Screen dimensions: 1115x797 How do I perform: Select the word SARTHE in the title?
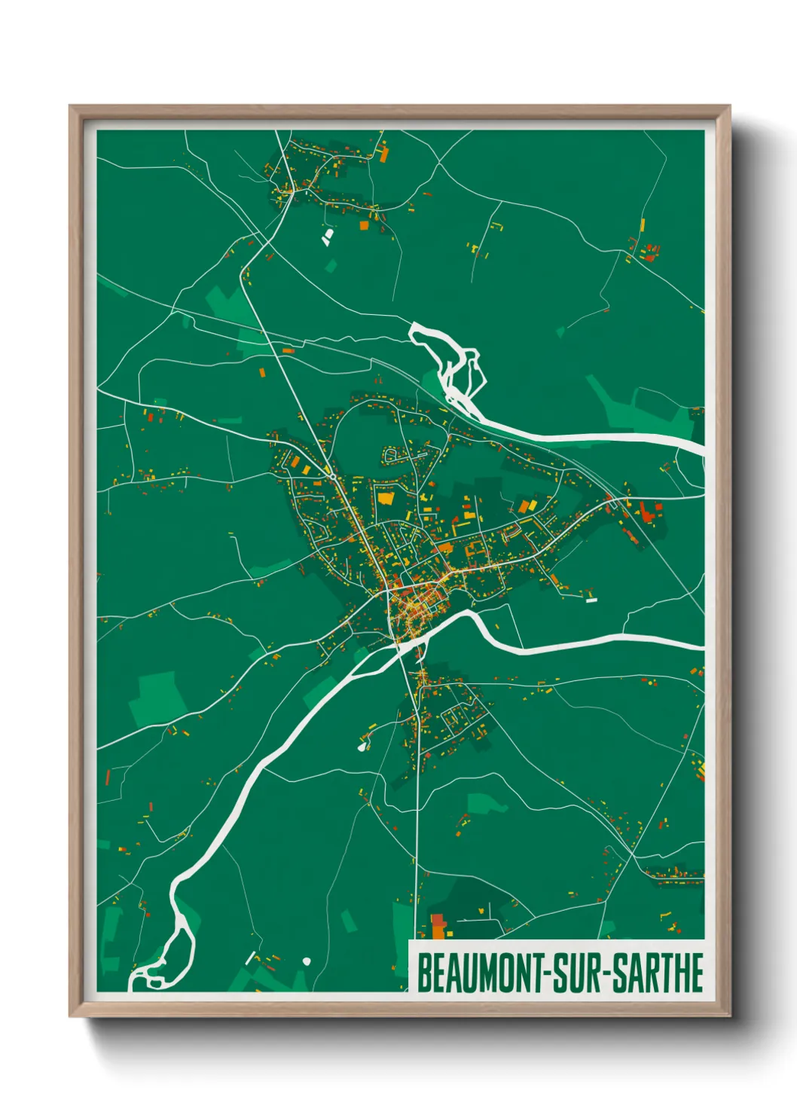click(x=657, y=973)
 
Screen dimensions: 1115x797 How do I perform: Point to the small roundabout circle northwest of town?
click(x=333, y=476)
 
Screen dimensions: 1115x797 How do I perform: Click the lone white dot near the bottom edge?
click(x=307, y=961)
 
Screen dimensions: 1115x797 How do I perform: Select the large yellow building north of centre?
click(x=386, y=498)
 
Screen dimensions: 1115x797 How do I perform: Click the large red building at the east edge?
click(x=649, y=515)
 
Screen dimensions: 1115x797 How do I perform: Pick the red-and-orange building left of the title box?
click(x=438, y=926)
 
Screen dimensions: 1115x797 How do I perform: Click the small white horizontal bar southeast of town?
click(x=591, y=600)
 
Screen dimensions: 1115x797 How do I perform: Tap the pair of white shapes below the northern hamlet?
click(x=327, y=237)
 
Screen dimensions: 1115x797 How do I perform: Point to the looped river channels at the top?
click(x=452, y=362)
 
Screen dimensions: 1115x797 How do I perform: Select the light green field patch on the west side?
click(x=158, y=697)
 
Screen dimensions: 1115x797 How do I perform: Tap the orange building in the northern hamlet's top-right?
click(x=383, y=155)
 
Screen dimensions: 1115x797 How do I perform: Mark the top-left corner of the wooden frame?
click(x=70, y=106)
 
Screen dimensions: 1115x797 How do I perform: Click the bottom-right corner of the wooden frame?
click(x=729, y=1016)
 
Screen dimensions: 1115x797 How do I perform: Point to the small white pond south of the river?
click(x=363, y=746)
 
